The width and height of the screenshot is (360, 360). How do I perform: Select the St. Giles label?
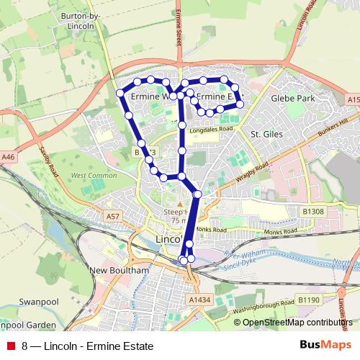tap(264, 133)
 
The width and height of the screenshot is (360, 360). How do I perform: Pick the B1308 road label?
tap(312, 211)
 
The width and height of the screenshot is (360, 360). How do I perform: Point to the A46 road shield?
tap(9, 156)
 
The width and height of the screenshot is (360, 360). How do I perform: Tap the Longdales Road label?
tap(212, 130)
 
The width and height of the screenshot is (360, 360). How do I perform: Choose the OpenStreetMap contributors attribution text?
tap(297, 323)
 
